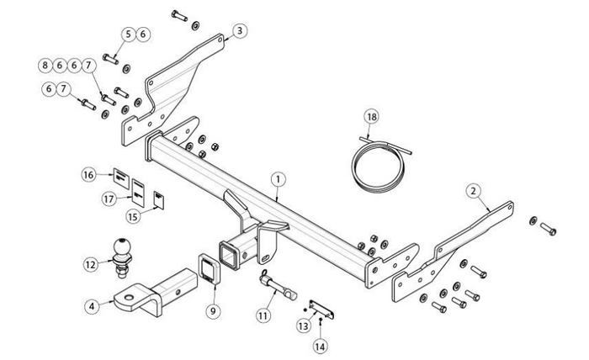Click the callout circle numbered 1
tap(278, 179)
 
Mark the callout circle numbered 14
tap(321, 345)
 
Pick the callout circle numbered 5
tap(129, 34)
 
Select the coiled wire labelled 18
tap(379, 165)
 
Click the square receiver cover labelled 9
tap(209, 268)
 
